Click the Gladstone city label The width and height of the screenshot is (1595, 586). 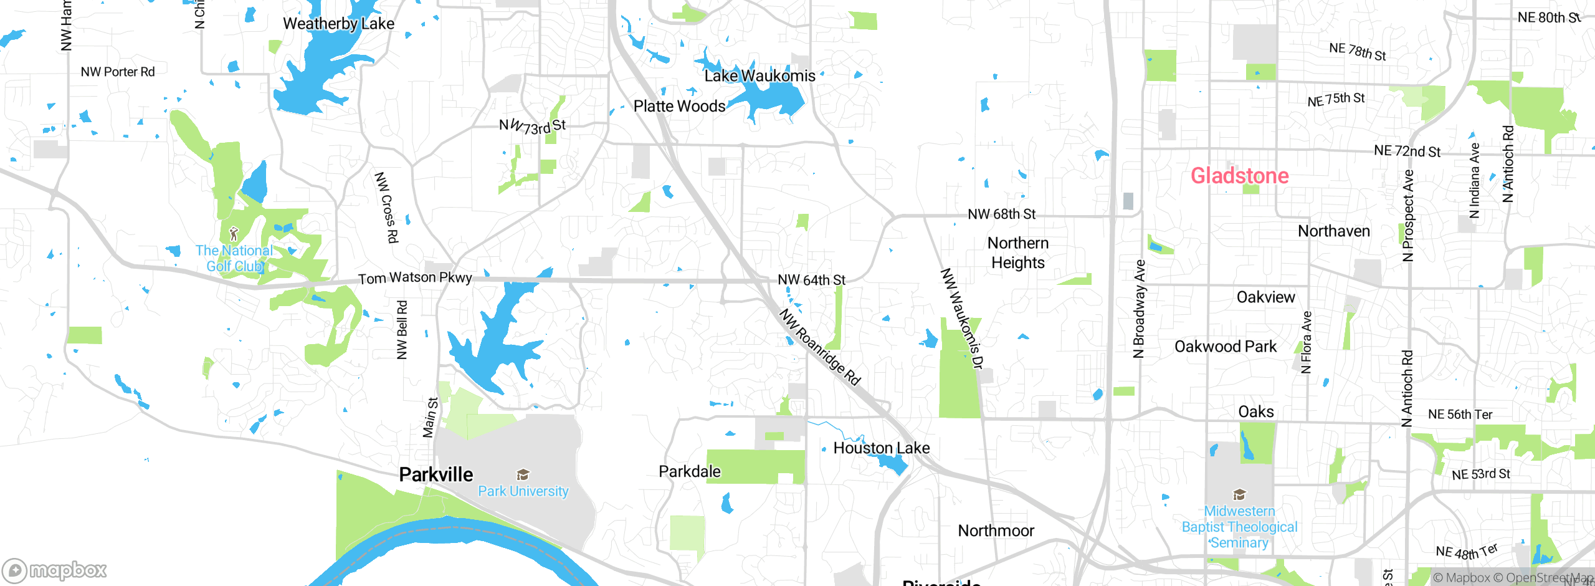1239,176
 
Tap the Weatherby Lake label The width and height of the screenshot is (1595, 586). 338,24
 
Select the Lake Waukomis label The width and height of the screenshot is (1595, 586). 759,76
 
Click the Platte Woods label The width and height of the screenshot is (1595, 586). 679,106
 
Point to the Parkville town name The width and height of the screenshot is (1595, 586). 436,474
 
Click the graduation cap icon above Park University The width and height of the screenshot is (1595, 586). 523,475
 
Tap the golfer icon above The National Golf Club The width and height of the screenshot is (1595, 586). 234,234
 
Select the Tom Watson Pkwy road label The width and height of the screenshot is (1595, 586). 415,277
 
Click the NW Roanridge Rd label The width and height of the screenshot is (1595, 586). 820,347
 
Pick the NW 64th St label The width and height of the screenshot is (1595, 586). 811,280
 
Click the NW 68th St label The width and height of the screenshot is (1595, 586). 1001,214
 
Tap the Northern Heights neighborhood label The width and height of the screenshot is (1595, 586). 1018,252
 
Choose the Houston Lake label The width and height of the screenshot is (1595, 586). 881,448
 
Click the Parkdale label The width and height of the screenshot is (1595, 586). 690,471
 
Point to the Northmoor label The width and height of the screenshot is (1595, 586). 996,531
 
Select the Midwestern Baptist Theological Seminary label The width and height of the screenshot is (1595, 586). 1239,527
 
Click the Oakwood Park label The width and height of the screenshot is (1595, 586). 1225,347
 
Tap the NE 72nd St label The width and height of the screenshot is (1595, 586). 1407,151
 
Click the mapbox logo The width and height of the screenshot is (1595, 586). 55,570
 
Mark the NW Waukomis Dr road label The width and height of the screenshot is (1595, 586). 961,318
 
